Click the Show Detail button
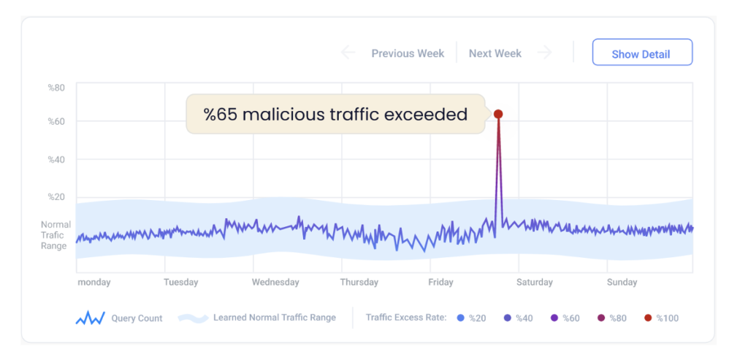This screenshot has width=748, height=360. [x=641, y=53]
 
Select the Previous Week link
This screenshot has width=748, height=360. [x=408, y=53]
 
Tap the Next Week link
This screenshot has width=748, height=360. [x=495, y=53]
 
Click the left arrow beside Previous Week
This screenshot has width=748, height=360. [x=348, y=53]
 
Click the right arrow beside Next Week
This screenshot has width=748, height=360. [x=544, y=53]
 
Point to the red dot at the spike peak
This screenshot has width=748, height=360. [x=498, y=114]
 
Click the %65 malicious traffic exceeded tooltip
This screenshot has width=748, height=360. [x=335, y=115]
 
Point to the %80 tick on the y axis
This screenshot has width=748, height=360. [x=57, y=88]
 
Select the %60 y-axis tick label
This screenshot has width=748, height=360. [x=57, y=121]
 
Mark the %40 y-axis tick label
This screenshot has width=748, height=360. [x=57, y=159]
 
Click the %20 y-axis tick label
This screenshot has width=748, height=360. [x=57, y=196]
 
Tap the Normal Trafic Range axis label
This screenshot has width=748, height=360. [x=56, y=235]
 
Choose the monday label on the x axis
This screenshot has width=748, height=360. [x=93, y=282]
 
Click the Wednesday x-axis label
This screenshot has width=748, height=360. [x=275, y=282]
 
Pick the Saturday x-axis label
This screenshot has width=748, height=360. [x=535, y=282]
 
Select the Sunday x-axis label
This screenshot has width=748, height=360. [x=622, y=282]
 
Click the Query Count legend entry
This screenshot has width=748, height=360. [x=120, y=318]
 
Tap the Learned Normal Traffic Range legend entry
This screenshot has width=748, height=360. [x=257, y=318]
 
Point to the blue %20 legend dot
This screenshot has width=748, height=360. [x=460, y=318]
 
